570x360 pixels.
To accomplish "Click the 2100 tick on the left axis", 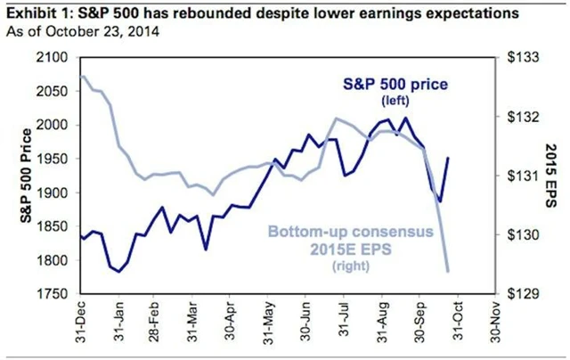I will click(55, 57).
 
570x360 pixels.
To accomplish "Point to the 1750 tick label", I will click(55, 293).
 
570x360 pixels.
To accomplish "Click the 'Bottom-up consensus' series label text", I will click(367, 232).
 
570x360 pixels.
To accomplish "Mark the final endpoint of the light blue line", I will click(447, 270).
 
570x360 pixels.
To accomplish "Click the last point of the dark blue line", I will click(447, 158).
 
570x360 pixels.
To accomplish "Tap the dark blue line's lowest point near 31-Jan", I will click(118, 271).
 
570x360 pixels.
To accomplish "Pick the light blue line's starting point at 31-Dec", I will click(82, 76).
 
